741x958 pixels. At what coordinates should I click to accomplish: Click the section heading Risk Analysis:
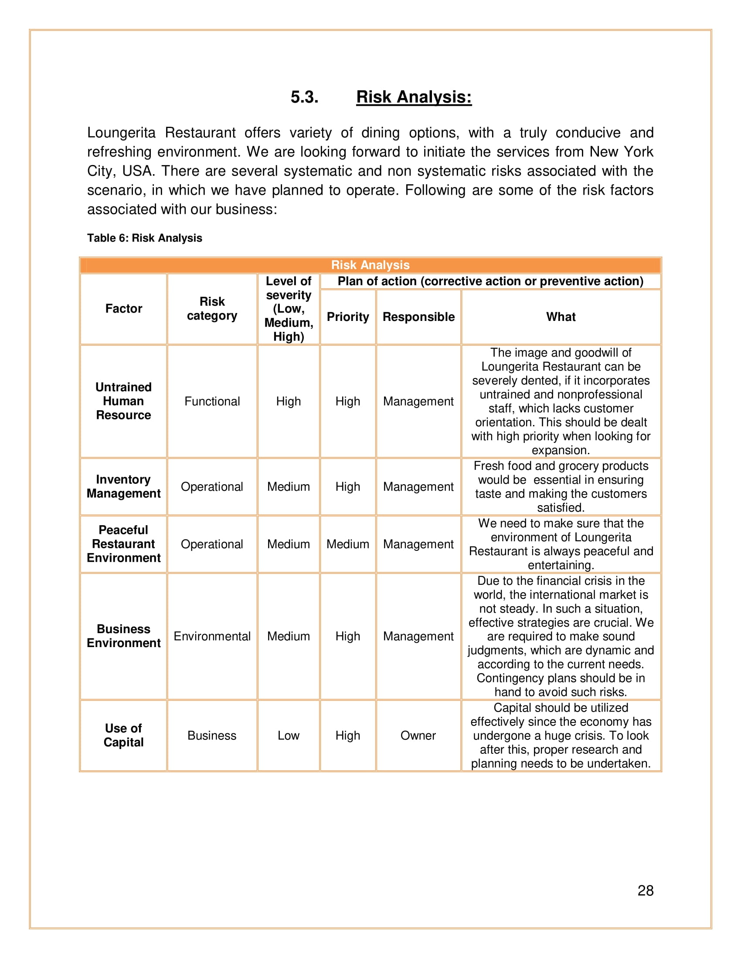click(414, 97)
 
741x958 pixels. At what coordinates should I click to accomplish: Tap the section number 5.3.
click(304, 97)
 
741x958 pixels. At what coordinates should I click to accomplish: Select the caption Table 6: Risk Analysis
click(144, 238)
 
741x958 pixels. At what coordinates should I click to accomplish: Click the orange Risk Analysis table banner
click(370, 265)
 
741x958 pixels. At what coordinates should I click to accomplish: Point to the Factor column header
click(123, 309)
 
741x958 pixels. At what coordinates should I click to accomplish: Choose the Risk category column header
click(212, 309)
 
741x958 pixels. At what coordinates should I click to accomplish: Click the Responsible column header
click(418, 317)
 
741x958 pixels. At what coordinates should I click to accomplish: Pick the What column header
click(561, 317)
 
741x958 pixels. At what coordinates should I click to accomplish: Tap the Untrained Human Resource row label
click(123, 401)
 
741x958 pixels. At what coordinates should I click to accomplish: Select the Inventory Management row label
click(123, 486)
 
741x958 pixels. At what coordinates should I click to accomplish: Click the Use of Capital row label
click(123, 735)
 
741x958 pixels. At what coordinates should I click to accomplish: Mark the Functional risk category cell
click(212, 401)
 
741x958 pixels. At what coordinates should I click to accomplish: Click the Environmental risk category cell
click(212, 636)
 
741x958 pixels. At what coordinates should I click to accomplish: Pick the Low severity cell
click(289, 735)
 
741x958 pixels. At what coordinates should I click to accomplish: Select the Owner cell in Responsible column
click(418, 735)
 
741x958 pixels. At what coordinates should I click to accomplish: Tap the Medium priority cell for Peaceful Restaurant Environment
click(348, 544)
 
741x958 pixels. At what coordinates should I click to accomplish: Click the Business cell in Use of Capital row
click(212, 735)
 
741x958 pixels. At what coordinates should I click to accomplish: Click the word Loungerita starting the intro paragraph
click(121, 132)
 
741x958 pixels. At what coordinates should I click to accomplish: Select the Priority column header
click(348, 317)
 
